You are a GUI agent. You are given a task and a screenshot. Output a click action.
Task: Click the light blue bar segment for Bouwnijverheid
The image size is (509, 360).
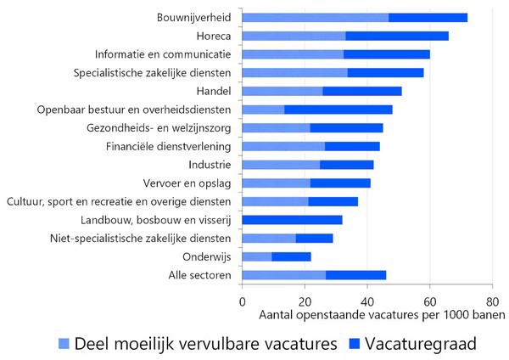click(316, 17)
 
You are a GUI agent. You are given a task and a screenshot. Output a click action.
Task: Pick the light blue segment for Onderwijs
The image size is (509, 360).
click(257, 256)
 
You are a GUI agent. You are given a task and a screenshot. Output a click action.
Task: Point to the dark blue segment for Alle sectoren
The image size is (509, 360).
click(355, 275)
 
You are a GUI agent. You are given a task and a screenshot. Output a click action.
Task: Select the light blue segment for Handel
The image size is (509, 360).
click(282, 91)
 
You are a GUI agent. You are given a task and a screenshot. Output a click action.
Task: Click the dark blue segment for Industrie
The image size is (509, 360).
click(347, 165)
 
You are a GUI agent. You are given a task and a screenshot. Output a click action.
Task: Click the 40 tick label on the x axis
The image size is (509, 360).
click(367, 300)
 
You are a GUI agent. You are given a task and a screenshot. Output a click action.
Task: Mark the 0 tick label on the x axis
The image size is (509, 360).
click(243, 300)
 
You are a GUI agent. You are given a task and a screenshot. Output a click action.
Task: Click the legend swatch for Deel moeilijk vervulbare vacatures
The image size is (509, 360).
click(64, 343)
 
